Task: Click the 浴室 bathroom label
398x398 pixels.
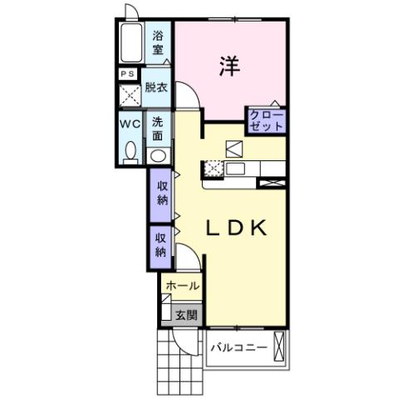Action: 159,43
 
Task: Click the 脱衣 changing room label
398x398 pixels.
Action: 155,86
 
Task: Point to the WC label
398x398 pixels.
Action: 129,124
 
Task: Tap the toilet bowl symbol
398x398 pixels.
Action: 130,151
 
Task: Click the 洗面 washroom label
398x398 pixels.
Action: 158,127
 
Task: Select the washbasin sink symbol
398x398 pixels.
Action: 157,155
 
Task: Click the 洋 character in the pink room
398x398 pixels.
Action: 230,66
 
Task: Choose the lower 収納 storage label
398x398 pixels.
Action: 160,244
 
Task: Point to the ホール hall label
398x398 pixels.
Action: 182,286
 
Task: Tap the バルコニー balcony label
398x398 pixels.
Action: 238,347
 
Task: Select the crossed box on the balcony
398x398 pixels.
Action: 280,344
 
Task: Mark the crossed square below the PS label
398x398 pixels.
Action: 128,93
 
